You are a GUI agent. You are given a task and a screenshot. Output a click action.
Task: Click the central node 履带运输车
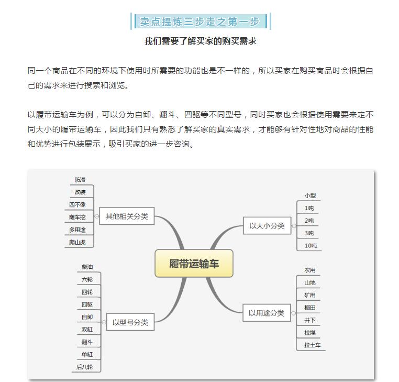(x=194, y=264)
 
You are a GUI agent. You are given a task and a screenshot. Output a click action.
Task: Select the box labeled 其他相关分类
(x=127, y=216)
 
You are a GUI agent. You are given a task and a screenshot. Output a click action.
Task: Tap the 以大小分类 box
(x=267, y=226)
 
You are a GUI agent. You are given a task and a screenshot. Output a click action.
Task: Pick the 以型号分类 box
(x=130, y=322)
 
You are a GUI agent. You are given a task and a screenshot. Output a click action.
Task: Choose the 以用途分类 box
(x=267, y=313)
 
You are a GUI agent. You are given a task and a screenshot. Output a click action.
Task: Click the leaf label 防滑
(x=80, y=180)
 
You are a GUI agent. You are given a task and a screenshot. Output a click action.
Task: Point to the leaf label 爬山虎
(x=77, y=242)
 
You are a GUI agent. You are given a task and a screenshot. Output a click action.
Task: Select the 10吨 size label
(x=311, y=246)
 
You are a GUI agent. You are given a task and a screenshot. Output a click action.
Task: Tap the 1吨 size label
(x=309, y=209)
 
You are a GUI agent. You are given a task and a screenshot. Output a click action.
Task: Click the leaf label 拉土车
(x=312, y=345)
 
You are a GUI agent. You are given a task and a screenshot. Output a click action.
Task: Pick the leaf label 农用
(x=309, y=270)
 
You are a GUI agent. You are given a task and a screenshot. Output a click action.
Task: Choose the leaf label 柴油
(x=87, y=267)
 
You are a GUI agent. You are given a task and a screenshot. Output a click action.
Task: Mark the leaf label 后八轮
(x=84, y=367)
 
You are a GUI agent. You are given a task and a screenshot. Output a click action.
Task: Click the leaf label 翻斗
(x=87, y=342)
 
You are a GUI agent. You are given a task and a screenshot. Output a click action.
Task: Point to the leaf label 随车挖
(x=77, y=217)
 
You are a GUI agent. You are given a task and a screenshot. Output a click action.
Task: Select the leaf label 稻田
(x=309, y=308)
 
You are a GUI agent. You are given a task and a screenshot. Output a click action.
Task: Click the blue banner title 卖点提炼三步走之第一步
(x=199, y=21)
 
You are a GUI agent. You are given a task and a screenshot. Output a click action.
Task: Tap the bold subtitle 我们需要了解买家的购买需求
(x=200, y=41)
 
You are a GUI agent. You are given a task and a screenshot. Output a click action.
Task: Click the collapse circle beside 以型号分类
(x=104, y=322)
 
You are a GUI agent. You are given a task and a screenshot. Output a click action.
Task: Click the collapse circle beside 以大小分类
(x=294, y=226)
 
